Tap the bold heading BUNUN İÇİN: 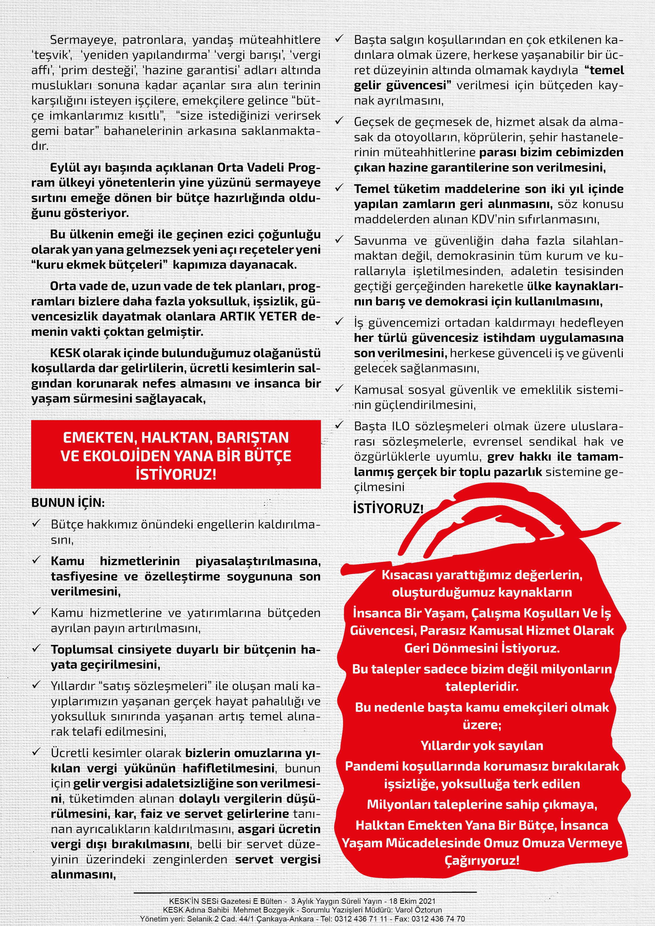click(68, 503)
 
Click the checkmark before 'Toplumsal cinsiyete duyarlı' click(37, 649)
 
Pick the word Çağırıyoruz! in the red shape click(482, 861)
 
